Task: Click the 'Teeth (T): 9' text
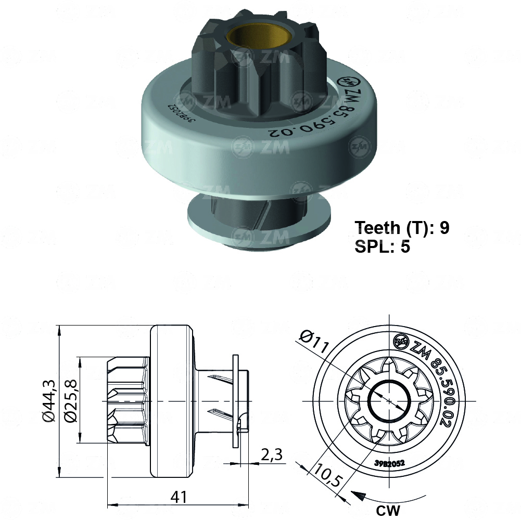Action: click(402, 227)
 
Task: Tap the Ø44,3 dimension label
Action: click(48, 400)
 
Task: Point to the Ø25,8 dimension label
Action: click(71, 400)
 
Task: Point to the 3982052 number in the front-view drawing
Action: click(389, 462)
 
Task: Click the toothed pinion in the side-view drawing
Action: click(128, 400)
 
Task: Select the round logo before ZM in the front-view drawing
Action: click(401, 341)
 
